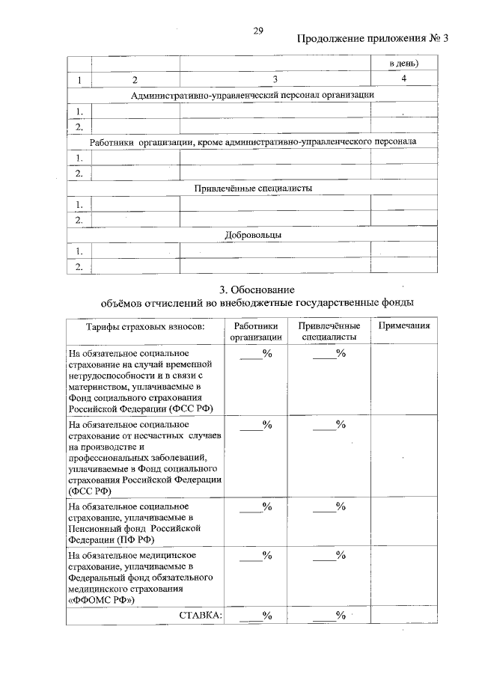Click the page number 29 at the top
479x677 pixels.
point(258,30)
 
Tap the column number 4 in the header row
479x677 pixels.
point(403,79)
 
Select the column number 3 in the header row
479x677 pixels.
point(275,79)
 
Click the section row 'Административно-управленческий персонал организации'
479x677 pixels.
point(252,95)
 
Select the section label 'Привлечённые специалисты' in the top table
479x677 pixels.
point(252,188)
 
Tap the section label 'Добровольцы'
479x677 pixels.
point(252,235)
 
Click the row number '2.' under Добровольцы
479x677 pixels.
point(78,266)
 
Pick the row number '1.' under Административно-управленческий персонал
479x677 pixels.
point(78,111)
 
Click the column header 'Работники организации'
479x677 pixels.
point(255,331)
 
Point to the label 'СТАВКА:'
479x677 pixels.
point(200,615)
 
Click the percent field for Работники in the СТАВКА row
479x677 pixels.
point(255,615)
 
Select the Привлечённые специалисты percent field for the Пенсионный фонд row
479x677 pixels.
point(329,506)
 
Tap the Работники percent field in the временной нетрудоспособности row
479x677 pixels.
point(255,353)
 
